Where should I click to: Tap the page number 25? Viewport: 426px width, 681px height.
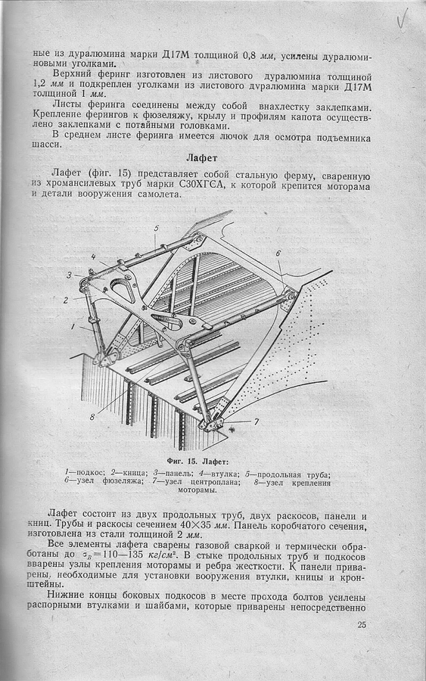coord(362,626)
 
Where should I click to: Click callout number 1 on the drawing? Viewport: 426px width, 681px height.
coord(74,325)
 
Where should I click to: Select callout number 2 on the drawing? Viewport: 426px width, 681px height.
coord(66,300)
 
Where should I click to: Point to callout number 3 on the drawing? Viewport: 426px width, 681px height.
coord(70,275)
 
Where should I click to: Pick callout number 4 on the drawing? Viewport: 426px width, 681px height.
coord(93,257)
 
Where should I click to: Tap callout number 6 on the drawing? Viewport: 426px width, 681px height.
coord(278,253)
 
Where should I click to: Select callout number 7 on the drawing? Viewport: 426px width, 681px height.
coord(257,421)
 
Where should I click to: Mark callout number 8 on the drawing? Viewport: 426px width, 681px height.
coord(92,417)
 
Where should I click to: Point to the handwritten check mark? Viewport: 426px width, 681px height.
coord(402,18)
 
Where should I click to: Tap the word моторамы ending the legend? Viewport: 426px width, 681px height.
coord(197,491)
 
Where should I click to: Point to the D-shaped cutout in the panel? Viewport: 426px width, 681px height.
coord(121,289)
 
